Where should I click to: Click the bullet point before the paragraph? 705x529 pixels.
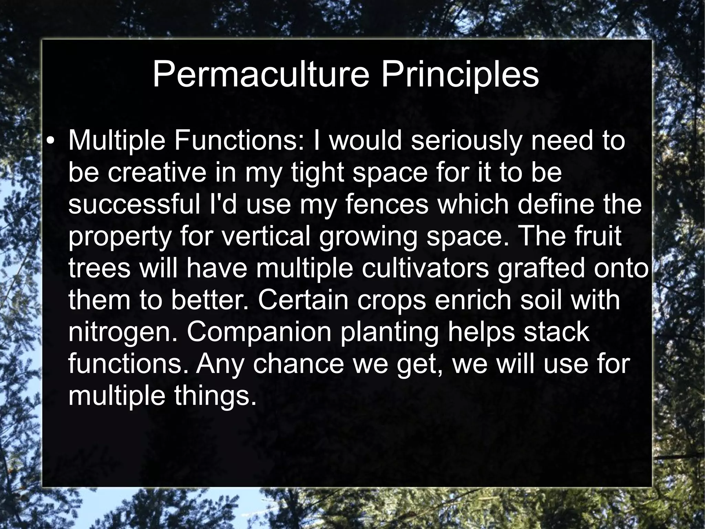click(51, 142)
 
